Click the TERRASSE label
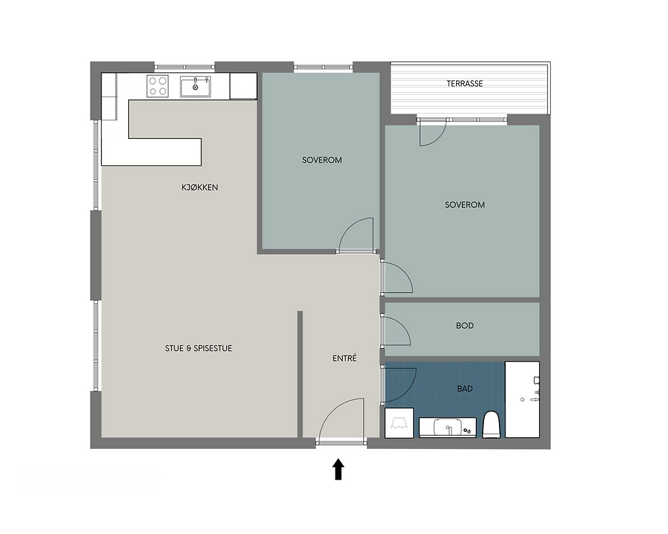point(464,84)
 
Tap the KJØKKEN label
point(199,187)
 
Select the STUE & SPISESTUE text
point(198,348)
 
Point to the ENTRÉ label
point(344,358)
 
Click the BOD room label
point(465,326)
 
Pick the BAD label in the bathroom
point(465,389)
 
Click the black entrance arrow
point(338,469)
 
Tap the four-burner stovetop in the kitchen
point(157,86)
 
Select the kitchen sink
point(196,87)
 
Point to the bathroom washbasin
point(447,428)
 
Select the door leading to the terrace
point(432,132)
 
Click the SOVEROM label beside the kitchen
point(322,160)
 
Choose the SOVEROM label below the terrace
point(465,205)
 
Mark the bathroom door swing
point(399,385)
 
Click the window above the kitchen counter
point(184,67)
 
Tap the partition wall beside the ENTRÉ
point(300,374)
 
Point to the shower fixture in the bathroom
point(522,399)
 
